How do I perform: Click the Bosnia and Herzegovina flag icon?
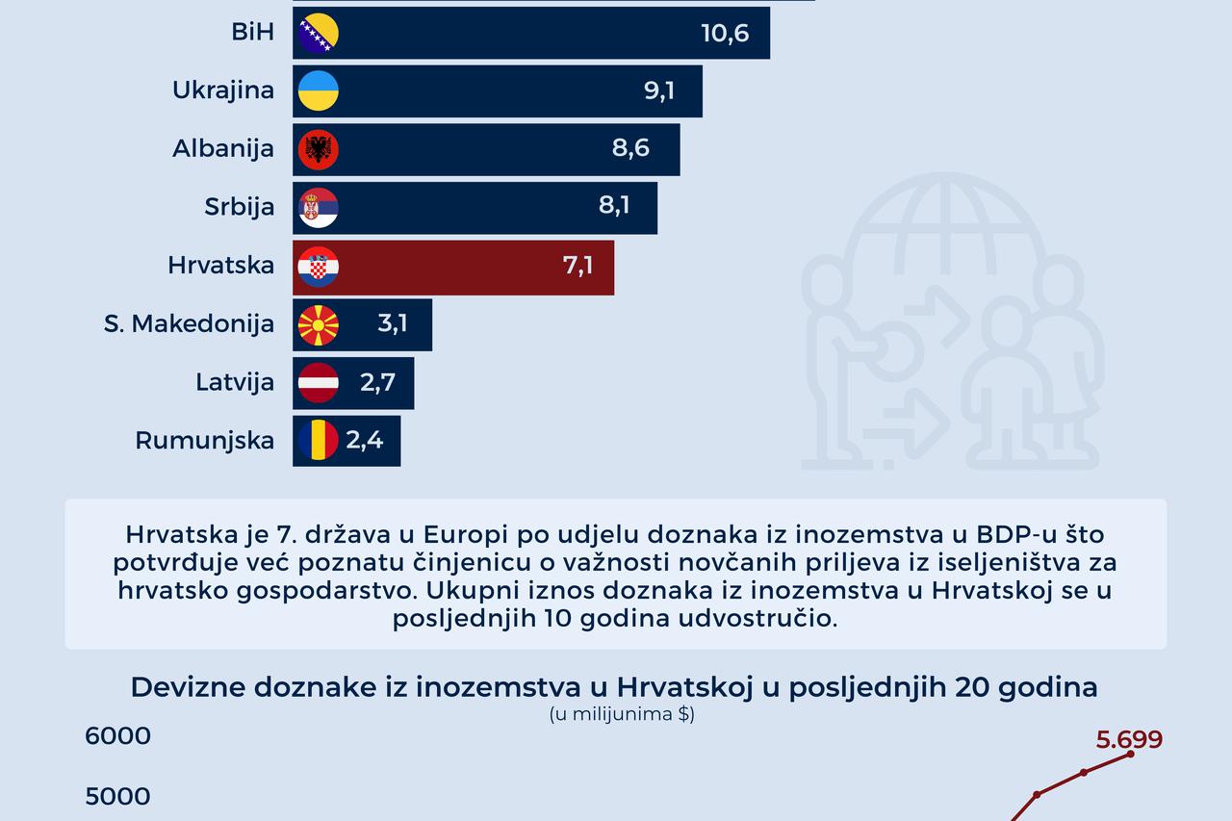coord(319,33)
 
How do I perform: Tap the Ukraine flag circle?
coord(319,90)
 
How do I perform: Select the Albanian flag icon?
coord(319,149)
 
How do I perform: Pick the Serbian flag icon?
coord(319,207)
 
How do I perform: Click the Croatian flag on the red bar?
coord(319,266)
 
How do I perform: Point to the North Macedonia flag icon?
coord(319,324)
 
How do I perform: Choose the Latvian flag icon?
coord(319,382)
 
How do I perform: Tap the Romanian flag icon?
coord(319,441)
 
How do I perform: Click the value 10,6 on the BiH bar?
coord(725,33)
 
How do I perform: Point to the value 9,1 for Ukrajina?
coord(659,90)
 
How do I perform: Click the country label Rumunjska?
coord(205,441)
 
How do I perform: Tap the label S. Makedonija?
coord(190,324)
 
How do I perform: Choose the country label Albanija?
coord(223,149)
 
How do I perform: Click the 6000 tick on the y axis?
coord(118,736)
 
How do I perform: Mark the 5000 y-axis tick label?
coord(118,797)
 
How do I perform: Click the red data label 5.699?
coord(1129,739)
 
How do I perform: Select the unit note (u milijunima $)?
coord(622,714)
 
